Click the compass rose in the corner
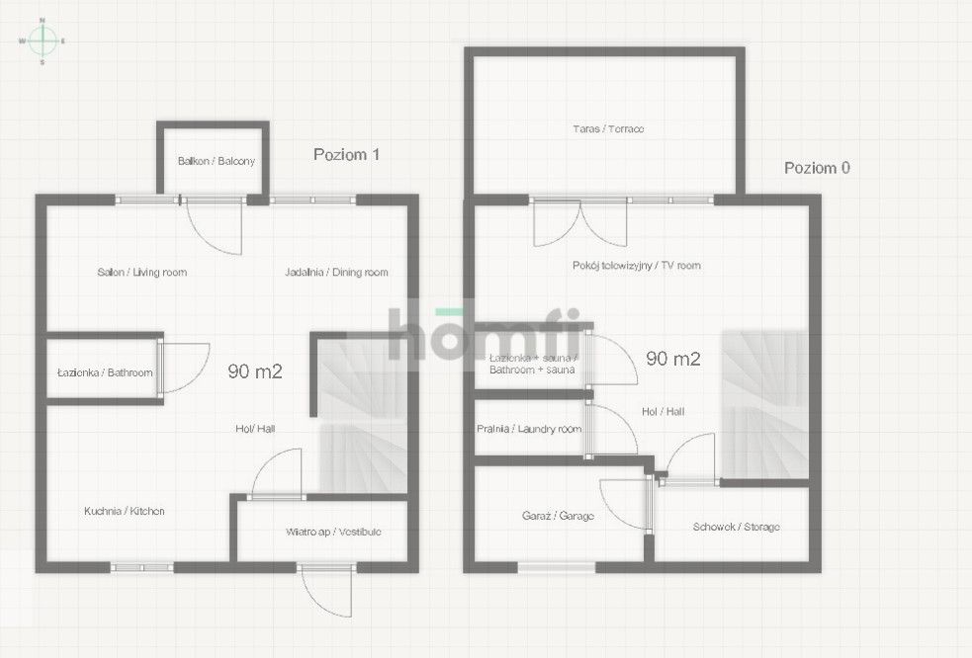point(43,41)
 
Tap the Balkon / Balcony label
point(217,161)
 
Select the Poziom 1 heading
point(346,154)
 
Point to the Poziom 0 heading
point(817,168)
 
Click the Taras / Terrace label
point(608,128)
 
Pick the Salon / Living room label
point(142,272)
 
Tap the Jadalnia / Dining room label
point(336,272)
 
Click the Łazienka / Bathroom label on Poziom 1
point(105,372)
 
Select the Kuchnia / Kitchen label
point(125,511)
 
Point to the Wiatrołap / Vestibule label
point(333,532)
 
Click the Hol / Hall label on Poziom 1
point(255,428)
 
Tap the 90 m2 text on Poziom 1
point(255,371)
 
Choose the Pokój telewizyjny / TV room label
point(637,265)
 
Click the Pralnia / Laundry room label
point(529,429)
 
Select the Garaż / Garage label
point(558,516)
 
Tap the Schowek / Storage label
point(737,527)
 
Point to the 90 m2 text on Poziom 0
point(673,359)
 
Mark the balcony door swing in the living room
point(214,227)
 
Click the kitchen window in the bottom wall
point(142,567)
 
